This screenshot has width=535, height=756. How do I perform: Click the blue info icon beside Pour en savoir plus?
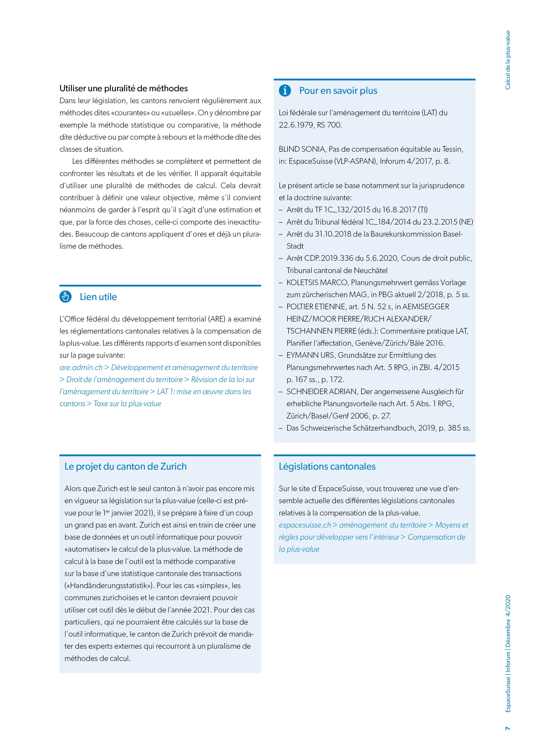pyautogui.click(x=285, y=90)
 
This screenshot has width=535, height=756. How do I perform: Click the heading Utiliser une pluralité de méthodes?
pyautogui.click(x=124, y=88)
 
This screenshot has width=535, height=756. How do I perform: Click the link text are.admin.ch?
pyautogui.click(x=81, y=367)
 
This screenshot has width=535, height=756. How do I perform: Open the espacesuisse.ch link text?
pyautogui.click(x=305, y=525)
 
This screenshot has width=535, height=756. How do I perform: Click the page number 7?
pyautogui.click(x=508, y=728)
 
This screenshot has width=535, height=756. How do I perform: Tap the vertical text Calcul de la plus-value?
pyautogui.click(x=508, y=60)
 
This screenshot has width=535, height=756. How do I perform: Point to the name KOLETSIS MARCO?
pyautogui.click(x=317, y=283)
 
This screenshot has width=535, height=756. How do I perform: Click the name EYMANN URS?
pyautogui.click(x=310, y=355)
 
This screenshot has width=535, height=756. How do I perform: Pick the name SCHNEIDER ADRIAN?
pyautogui.click(x=322, y=392)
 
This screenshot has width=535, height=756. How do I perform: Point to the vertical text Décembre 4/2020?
pyautogui.click(x=508, y=620)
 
